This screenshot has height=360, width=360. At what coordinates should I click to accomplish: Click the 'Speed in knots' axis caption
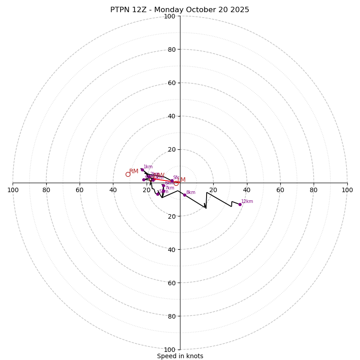[180, 356]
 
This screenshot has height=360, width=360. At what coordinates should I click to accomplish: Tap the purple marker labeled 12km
[240, 204]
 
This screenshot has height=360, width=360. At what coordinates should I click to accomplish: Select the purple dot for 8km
[184, 195]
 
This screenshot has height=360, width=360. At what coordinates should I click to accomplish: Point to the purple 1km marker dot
[142, 170]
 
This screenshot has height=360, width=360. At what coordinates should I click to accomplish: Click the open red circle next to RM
[128, 174]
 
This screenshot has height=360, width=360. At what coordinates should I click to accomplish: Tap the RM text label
[134, 171]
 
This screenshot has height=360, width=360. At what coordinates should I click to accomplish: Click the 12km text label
[247, 202]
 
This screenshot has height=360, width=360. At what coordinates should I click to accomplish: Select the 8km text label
[191, 193]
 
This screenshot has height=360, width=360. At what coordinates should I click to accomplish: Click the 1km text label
[148, 167]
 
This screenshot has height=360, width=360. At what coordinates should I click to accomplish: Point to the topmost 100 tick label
[170, 16]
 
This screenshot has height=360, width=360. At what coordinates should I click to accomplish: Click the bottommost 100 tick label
[170, 350]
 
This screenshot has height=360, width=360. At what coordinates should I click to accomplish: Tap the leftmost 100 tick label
[13, 190]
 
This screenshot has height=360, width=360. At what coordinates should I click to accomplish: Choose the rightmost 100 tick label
[347, 190]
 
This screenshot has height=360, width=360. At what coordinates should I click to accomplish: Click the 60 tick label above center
[171, 83]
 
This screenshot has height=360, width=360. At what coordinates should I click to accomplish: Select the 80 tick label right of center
[314, 190]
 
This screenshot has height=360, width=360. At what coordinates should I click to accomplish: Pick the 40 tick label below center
[171, 249]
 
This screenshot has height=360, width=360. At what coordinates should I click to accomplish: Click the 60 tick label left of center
[80, 190]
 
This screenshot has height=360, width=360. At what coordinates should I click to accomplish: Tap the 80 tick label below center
[171, 316]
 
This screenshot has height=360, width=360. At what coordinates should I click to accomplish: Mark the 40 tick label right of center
[247, 190]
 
